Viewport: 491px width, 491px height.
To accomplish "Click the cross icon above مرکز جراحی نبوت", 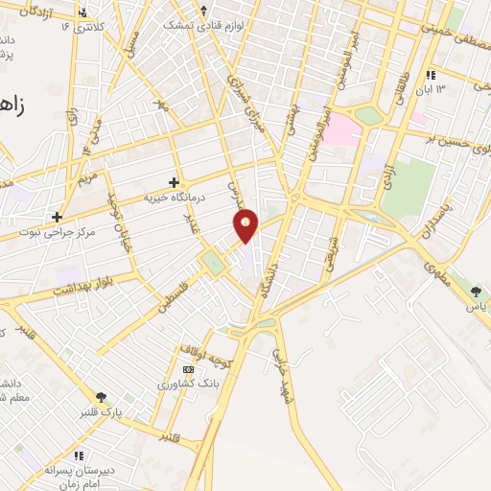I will pyautogui.click(x=58, y=217).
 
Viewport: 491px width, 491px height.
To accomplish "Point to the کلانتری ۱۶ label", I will pyautogui.click(x=85, y=26).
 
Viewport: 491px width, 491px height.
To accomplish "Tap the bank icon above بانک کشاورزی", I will pyautogui.click(x=188, y=368).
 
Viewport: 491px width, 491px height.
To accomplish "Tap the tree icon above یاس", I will pyautogui.click(x=479, y=291).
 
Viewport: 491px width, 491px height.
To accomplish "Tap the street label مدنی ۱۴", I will pyautogui.click(x=91, y=137).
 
